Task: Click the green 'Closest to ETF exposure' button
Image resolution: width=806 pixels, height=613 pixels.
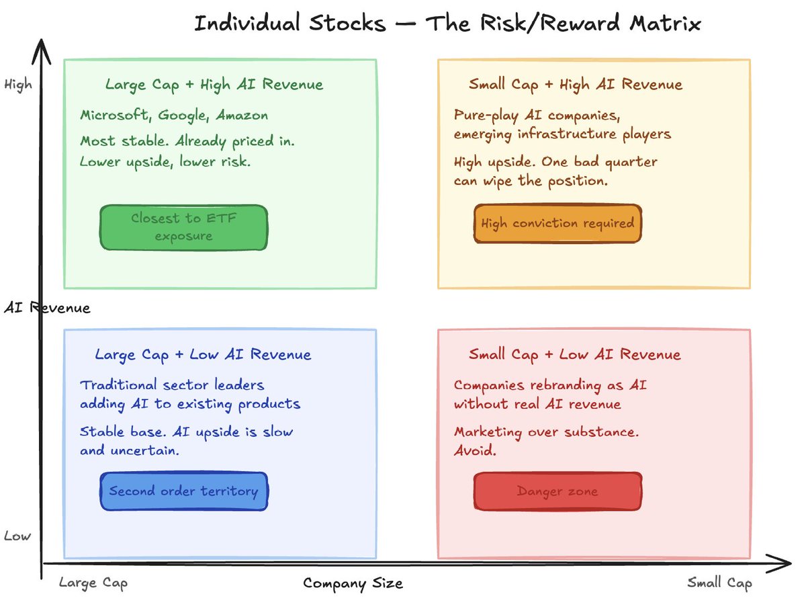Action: [183, 227]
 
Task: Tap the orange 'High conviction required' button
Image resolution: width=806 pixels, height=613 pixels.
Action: [557, 223]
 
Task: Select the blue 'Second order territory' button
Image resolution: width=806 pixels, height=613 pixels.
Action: [183, 491]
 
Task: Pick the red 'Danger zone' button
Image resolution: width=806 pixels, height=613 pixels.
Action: [557, 491]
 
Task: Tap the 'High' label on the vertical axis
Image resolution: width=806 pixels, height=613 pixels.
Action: [17, 85]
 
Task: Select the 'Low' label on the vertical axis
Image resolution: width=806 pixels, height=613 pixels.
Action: [17, 536]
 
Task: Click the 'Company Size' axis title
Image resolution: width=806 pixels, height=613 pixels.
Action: [353, 583]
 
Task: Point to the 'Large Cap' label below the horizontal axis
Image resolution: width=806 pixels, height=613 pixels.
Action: [93, 583]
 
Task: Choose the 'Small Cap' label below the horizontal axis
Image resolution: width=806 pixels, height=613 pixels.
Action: [719, 583]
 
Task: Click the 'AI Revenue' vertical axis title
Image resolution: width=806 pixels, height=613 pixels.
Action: [46, 308]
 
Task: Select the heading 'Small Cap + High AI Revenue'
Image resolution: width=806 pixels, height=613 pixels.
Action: [575, 85]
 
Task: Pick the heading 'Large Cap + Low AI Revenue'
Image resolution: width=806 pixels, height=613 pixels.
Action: [203, 354]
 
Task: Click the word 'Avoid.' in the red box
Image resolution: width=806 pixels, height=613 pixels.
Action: [475, 450]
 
